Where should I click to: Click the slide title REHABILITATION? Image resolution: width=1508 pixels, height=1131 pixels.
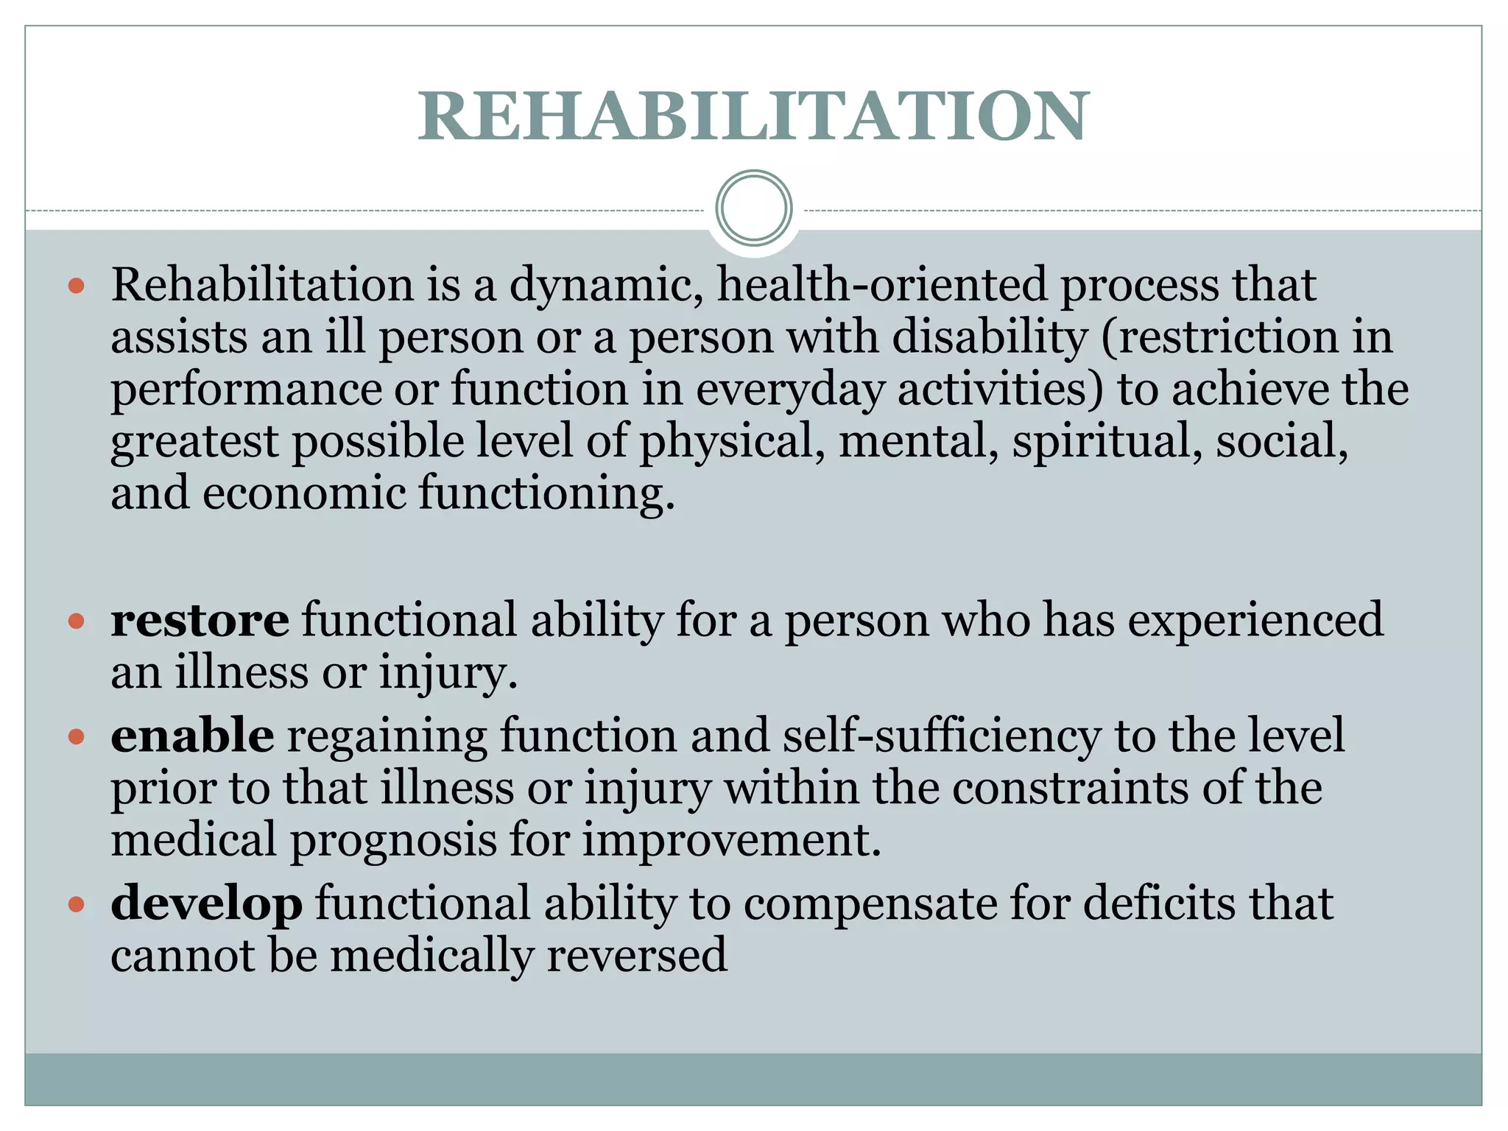click(753, 116)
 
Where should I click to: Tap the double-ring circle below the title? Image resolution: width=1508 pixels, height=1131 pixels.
click(753, 208)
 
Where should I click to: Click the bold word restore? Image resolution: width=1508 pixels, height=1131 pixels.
click(200, 620)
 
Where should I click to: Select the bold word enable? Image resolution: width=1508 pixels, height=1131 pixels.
click(192, 736)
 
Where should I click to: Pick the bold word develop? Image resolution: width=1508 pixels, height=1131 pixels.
click(206, 903)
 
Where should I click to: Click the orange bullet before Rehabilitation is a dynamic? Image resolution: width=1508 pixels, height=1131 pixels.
click(77, 286)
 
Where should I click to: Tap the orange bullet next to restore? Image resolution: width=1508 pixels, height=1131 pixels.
click(77, 621)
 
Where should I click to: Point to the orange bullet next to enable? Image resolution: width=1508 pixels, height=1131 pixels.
click(77, 736)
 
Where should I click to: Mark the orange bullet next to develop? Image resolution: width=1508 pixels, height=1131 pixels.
click(77, 904)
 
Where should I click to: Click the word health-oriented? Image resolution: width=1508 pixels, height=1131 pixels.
click(881, 285)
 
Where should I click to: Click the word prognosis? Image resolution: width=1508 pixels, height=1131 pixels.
click(393, 840)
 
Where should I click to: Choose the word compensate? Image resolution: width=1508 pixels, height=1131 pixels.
click(870, 903)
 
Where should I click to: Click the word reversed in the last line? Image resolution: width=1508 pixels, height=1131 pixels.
click(637, 955)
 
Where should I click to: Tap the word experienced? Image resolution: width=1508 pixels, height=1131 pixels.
click(1255, 620)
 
